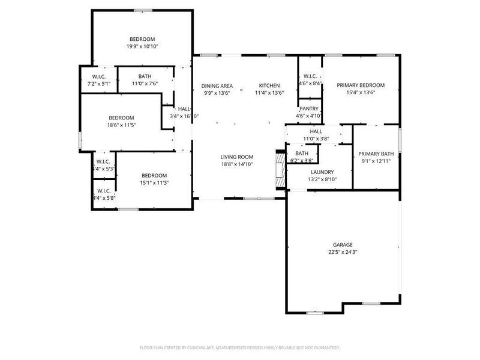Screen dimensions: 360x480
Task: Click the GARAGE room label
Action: (x=343, y=245)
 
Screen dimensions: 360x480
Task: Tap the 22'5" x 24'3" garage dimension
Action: (x=343, y=253)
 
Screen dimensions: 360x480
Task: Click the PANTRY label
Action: (x=309, y=108)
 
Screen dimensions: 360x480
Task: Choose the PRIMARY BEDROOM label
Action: (x=361, y=85)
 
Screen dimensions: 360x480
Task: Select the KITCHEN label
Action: (x=269, y=85)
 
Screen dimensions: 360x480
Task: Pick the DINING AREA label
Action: (x=217, y=85)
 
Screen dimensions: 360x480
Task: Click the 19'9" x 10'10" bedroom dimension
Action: (x=142, y=46)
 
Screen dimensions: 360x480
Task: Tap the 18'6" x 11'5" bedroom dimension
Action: (x=121, y=125)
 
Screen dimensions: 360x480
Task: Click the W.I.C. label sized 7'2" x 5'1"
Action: (x=100, y=77)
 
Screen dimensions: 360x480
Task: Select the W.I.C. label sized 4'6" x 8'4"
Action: (x=310, y=76)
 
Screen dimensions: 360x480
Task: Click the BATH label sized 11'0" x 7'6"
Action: (x=145, y=77)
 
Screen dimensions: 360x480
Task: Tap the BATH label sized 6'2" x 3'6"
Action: (x=301, y=153)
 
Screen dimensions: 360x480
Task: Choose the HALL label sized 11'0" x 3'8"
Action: (x=316, y=131)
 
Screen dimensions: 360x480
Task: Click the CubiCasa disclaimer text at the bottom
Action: (x=240, y=347)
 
